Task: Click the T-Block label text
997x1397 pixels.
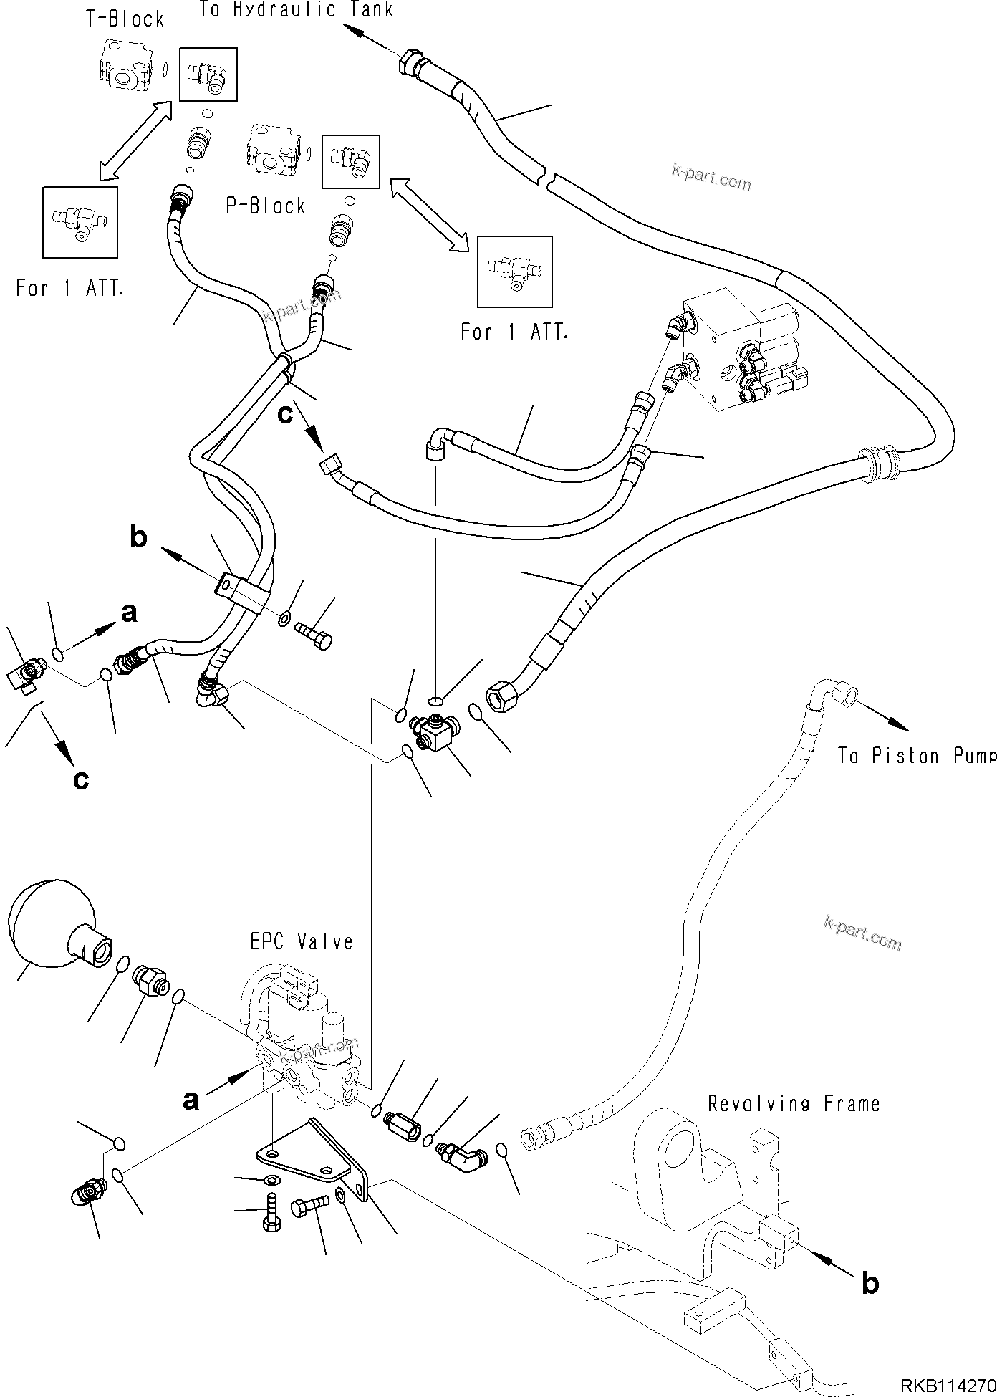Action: tap(125, 19)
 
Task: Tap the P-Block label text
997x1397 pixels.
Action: tap(266, 206)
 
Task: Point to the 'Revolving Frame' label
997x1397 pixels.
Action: tap(794, 1104)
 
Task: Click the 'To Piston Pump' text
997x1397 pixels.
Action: tap(917, 756)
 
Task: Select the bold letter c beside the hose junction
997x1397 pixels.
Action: tap(286, 415)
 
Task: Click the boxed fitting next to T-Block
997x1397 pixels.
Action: tap(208, 74)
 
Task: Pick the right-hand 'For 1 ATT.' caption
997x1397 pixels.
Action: tap(514, 332)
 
